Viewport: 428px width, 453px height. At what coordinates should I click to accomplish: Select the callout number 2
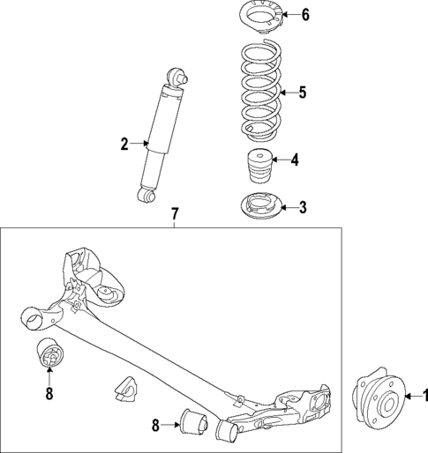coord(125,142)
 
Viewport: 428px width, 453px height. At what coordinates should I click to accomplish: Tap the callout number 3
coord(302,208)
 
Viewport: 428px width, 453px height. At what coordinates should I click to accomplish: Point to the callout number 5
coord(302,92)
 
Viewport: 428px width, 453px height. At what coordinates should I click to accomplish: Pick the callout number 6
coord(305,14)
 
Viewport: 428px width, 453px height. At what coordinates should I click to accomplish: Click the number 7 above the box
coord(175,214)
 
